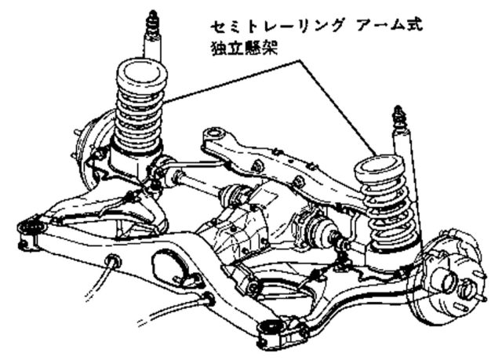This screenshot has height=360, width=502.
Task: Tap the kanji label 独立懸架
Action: coord(244,49)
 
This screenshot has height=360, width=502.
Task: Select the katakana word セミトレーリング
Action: coord(278,25)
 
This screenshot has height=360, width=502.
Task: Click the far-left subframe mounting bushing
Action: coord(31,227)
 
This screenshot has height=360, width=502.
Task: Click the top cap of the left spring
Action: coord(141,75)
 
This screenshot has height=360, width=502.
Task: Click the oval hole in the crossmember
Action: coord(167,266)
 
